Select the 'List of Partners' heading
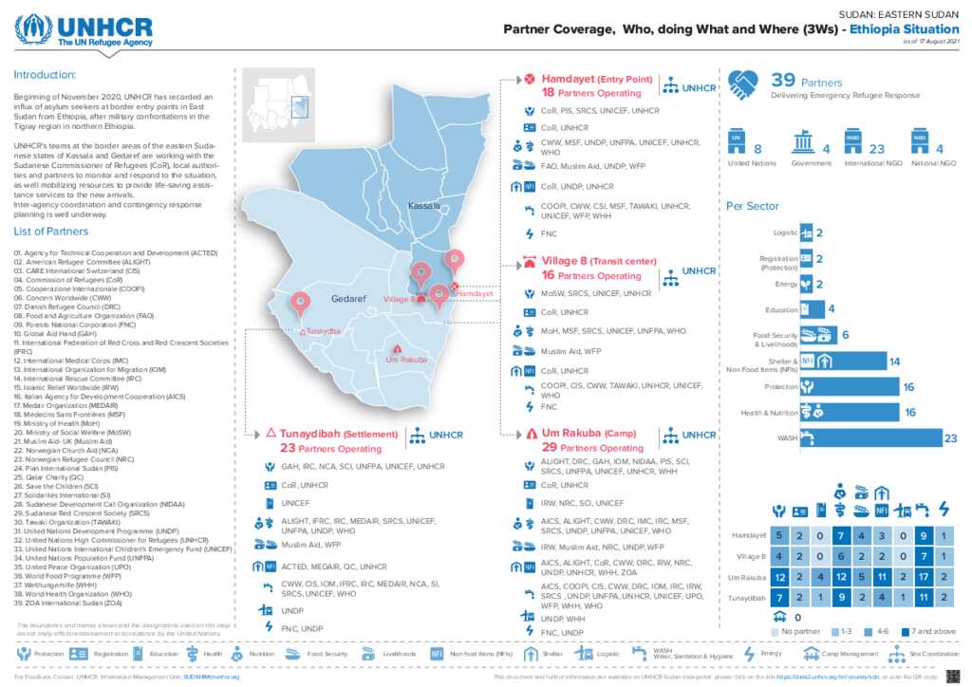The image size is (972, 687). click(x=51, y=232)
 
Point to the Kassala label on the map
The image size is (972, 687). click(x=423, y=206)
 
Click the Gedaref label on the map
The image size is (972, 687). click(x=348, y=299)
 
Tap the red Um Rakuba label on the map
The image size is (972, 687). click(x=406, y=360)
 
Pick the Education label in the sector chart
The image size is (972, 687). click(x=781, y=309)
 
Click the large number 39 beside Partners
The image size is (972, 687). click(x=783, y=81)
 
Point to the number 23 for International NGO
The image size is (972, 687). click(x=876, y=149)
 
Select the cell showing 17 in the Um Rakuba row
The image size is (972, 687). click(x=922, y=577)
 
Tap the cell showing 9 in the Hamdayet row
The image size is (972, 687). click(x=922, y=537)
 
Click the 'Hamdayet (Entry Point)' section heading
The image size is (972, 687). click(x=595, y=79)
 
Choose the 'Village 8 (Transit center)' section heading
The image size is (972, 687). click(x=598, y=261)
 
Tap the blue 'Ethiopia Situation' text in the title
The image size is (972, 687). click(x=905, y=29)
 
